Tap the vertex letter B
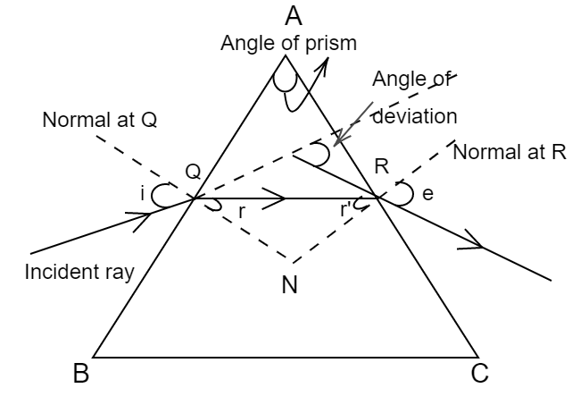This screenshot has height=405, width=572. pos(81,374)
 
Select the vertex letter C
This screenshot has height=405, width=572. pos(480,374)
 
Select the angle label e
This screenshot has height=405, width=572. pos(427,192)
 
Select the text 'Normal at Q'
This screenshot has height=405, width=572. pos(100,120)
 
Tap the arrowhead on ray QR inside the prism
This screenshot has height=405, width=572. pos(279,198)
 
